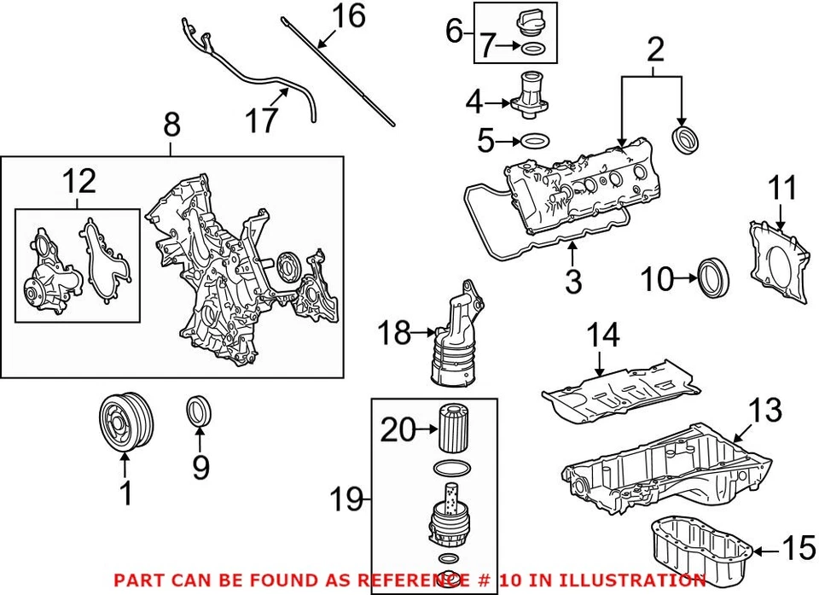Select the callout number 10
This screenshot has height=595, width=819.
coord(657,277)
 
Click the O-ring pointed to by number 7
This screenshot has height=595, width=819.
coord(531,48)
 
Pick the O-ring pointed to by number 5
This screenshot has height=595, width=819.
coord(534,140)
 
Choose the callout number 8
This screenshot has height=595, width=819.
coord(171,126)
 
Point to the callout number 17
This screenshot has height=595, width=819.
coord(262,120)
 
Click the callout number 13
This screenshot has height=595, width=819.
coord(764,411)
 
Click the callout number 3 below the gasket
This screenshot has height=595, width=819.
coord(572,281)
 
